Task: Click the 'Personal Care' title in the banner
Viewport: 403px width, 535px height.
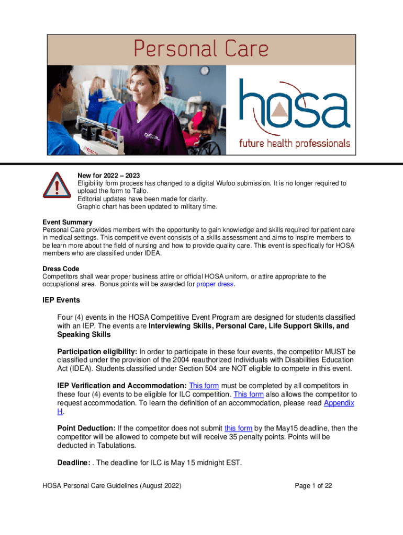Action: pyautogui.click(x=201, y=50)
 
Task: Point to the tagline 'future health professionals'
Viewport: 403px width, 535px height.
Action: pyautogui.click(x=295, y=143)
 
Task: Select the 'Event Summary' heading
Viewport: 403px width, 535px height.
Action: pyautogui.click(x=68, y=222)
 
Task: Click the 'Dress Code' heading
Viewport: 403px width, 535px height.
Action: pyautogui.click(x=61, y=269)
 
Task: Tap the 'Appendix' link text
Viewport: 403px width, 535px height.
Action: pyautogui.click(x=339, y=403)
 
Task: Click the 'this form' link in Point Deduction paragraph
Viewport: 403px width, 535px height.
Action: pyautogui.click(x=238, y=428)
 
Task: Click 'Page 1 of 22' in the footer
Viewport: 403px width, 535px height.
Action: pyautogui.click(x=314, y=486)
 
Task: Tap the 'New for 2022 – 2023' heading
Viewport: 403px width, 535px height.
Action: pyautogui.click(x=108, y=175)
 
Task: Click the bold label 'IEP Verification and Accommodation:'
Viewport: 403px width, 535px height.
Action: pyautogui.click(x=121, y=386)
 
